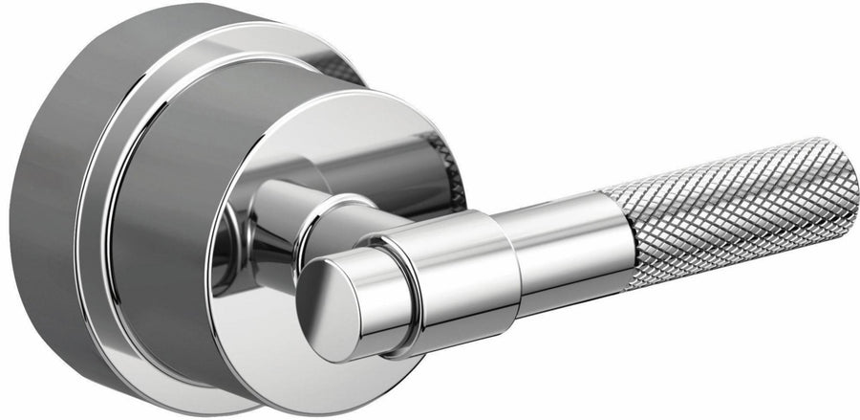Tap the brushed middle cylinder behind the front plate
162,220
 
